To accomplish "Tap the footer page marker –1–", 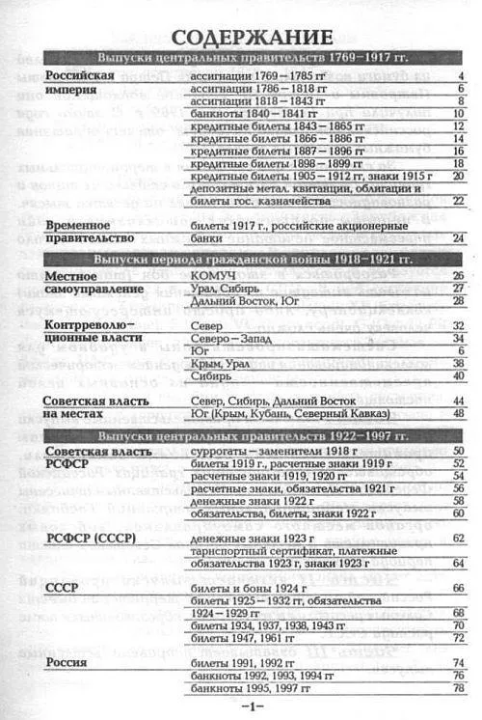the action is pyautogui.click(x=251, y=708).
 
